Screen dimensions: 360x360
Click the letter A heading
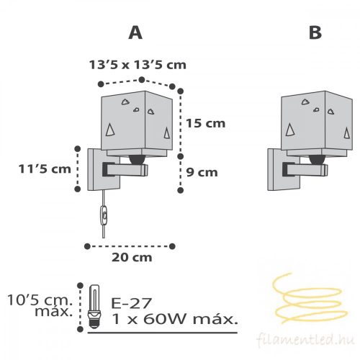point(135,32)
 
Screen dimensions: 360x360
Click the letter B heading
point(315,32)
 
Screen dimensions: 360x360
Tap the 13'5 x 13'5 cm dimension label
point(138,65)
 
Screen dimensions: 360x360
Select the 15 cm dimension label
point(206,123)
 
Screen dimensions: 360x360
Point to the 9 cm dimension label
point(202,172)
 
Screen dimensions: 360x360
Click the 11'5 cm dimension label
point(45,169)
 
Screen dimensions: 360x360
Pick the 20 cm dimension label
point(132,258)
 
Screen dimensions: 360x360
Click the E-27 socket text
point(132,303)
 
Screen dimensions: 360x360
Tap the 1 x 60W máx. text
point(175,319)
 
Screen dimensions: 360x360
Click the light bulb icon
point(94,307)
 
